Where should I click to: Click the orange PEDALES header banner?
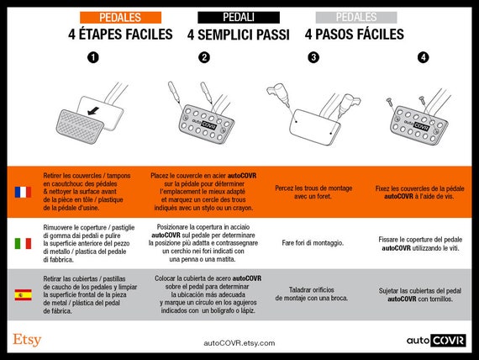[x=120, y=18]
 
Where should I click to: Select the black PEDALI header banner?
[x=239, y=18]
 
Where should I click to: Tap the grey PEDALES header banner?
[x=356, y=18]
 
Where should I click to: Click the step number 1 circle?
[x=93, y=57]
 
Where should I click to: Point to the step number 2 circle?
[x=204, y=57]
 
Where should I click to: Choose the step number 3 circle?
[x=313, y=57]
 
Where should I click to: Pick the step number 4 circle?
[x=423, y=57]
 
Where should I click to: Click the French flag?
[x=23, y=192]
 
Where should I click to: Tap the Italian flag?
[x=23, y=244]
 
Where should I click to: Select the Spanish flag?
[x=23, y=295]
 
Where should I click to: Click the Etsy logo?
[x=27, y=340]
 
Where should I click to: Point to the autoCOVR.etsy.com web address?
[x=239, y=343]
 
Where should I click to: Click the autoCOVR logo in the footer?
[x=436, y=341]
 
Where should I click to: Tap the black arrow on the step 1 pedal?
[x=93, y=111]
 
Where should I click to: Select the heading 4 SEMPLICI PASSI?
[x=239, y=34]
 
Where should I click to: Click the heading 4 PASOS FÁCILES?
[x=355, y=34]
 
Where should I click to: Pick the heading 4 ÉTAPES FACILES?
[x=120, y=34]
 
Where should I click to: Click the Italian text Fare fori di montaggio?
[x=313, y=243]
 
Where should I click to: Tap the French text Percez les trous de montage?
[x=313, y=188]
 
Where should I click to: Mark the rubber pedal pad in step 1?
[x=81, y=126]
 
